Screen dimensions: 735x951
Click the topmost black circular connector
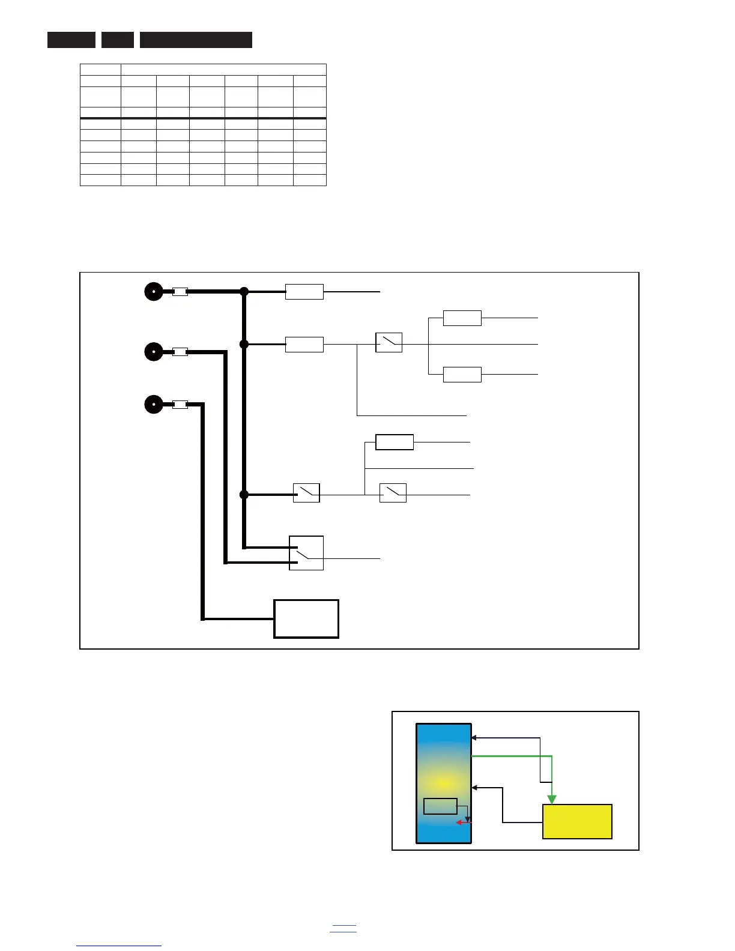click(x=154, y=292)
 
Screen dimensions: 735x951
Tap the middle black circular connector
click(x=154, y=351)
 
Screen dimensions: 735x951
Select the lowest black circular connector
click(x=154, y=404)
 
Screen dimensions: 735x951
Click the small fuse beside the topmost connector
click(x=180, y=292)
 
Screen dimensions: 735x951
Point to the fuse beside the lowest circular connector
click(x=180, y=405)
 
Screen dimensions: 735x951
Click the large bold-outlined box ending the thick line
click(x=306, y=618)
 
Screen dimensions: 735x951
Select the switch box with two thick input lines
click(x=306, y=553)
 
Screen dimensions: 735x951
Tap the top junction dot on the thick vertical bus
click(x=244, y=292)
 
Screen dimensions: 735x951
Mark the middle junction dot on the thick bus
click(x=244, y=344)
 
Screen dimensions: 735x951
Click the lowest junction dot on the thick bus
click(x=244, y=495)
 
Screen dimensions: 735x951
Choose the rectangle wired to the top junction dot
click(x=304, y=292)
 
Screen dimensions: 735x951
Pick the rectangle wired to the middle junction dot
click(x=304, y=345)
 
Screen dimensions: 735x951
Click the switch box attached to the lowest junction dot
click(x=306, y=493)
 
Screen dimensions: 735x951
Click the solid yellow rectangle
click(x=577, y=821)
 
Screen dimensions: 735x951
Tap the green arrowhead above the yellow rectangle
click(x=552, y=799)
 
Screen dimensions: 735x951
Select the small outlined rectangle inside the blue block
click(x=440, y=806)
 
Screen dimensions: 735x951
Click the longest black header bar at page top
click(x=196, y=40)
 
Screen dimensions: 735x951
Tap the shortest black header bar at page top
click(x=118, y=40)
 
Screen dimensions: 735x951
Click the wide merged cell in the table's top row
click(x=223, y=70)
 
